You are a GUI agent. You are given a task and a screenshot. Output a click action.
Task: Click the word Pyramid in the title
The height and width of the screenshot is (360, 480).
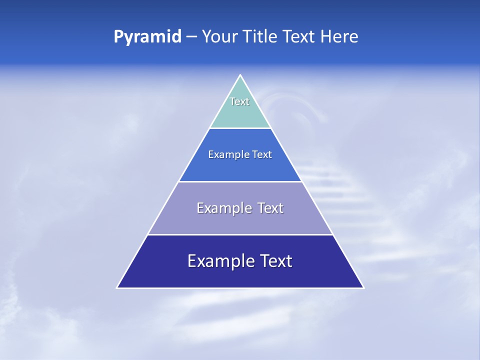coord(147,37)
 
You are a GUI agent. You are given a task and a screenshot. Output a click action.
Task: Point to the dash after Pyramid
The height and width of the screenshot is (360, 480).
coord(191,37)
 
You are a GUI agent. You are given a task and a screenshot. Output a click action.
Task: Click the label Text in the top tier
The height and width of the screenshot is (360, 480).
coord(239,101)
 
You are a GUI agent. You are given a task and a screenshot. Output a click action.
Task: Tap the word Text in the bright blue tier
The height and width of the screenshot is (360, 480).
coord(261,154)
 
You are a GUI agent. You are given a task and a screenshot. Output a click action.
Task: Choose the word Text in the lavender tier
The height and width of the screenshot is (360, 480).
coord(270,208)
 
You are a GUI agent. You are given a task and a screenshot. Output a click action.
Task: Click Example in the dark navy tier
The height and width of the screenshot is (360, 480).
coord(217,261)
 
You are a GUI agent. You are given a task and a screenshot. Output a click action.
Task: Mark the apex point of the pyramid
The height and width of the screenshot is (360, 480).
coord(240,75)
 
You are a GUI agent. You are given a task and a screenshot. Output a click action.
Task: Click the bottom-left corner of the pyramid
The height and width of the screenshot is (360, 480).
coord(117,287)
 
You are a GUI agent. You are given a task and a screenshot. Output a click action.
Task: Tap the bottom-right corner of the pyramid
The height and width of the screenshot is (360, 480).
coord(363,287)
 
